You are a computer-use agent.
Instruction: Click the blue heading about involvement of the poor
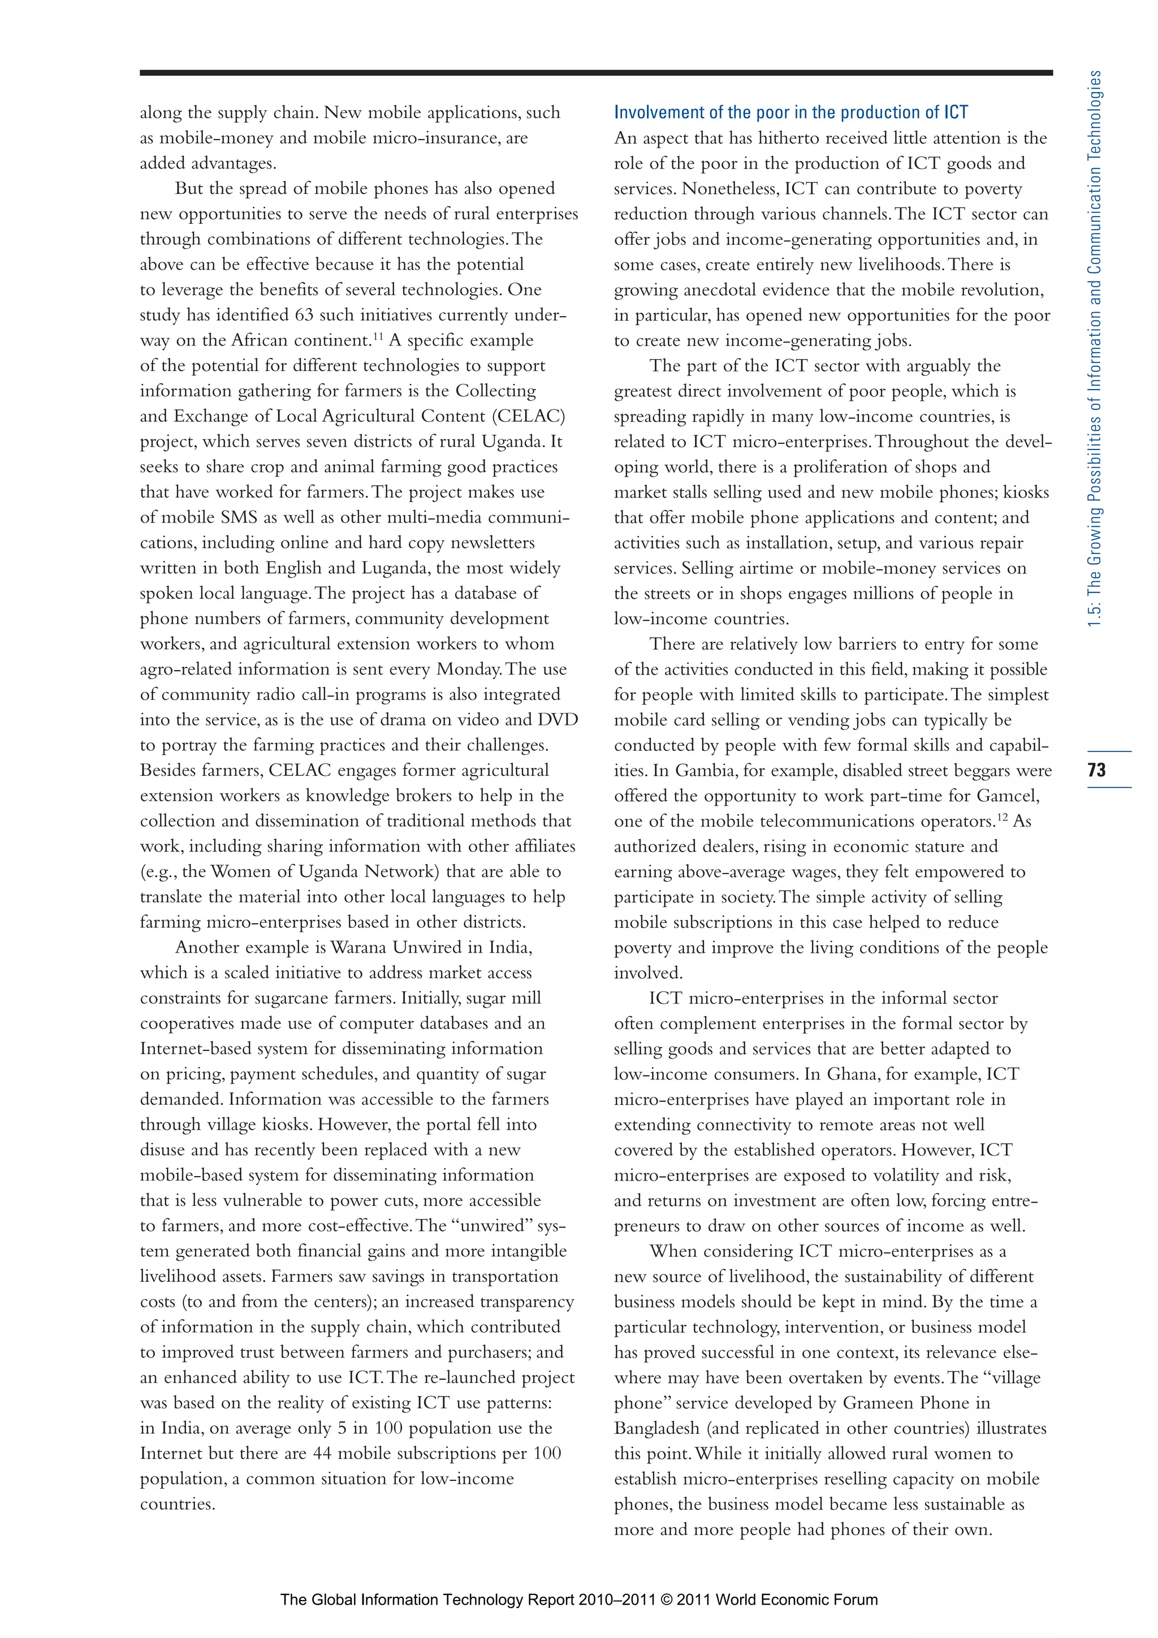coord(790,112)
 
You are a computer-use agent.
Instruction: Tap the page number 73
coord(1096,770)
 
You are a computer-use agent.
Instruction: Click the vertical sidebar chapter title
coord(1095,349)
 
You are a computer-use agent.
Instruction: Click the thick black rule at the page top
coord(596,73)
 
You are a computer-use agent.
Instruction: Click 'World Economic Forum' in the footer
coord(796,1600)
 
